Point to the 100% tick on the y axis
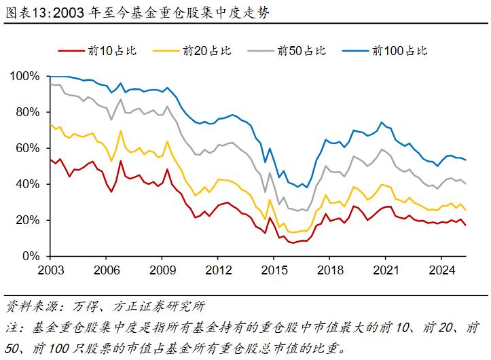tap(26, 76)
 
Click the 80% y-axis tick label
tap(29, 112)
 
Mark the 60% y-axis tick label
tap(29, 148)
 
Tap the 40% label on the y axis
tap(29, 184)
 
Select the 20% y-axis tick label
tap(29, 220)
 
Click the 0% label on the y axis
tap(31, 256)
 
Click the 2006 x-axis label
tap(105, 270)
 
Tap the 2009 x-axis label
tap(162, 270)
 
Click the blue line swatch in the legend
tap(355, 50)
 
